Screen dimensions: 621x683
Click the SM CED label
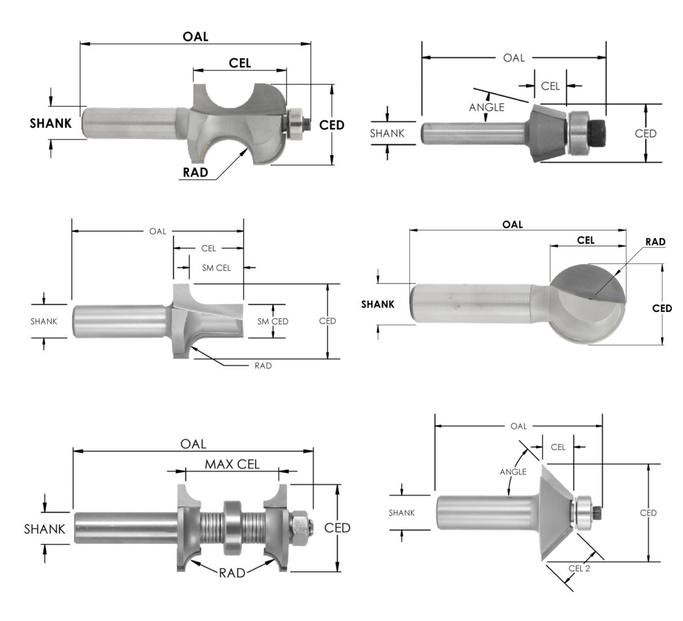pos(272,321)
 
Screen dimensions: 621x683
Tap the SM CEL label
pos(215,267)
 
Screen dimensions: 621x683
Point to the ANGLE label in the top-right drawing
pos(486,107)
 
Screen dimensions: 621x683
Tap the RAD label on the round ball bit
pos(655,242)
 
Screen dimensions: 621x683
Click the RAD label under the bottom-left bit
pos(232,572)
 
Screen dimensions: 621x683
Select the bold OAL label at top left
pos(195,37)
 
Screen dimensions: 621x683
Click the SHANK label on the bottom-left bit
pos(45,529)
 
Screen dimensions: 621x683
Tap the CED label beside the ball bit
pos(662,309)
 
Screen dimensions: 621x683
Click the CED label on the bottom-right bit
pos(648,513)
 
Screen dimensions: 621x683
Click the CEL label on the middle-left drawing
pos(208,248)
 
